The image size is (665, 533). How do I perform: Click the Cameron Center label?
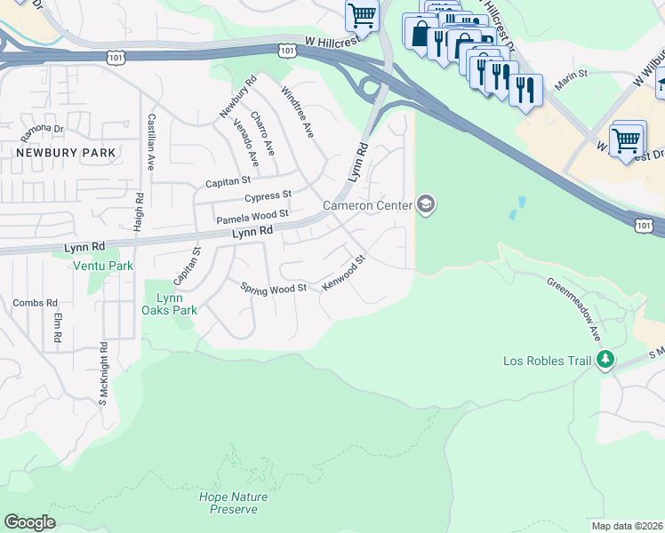(x=367, y=206)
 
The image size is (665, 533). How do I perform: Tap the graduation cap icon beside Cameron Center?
(x=426, y=206)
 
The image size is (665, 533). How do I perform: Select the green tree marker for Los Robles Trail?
(x=605, y=360)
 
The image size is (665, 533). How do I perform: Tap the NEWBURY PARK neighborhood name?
(x=65, y=153)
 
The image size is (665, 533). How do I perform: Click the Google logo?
(x=29, y=522)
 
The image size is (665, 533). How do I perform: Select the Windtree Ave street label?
(x=297, y=112)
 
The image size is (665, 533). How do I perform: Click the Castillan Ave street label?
(x=152, y=142)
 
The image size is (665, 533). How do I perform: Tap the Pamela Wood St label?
(x=252, y=215)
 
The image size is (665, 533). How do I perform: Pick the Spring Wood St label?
(x=274, y=287)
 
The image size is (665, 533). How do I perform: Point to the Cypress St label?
(x=268, y=195)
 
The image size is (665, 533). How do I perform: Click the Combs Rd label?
(x=35, y=303)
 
